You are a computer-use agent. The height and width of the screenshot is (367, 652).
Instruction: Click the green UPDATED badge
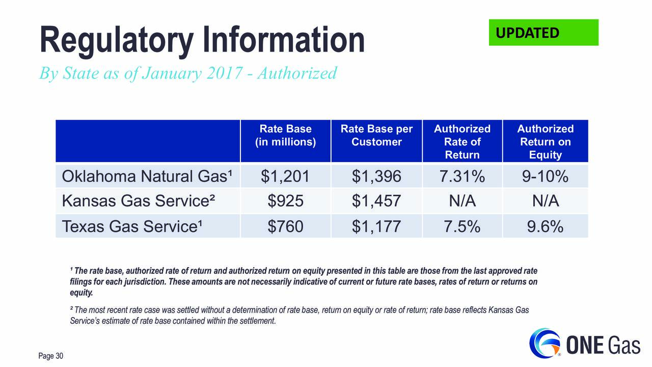[x=544, y=32]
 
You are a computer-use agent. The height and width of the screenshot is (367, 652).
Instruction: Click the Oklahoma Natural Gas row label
[x=147, y=176]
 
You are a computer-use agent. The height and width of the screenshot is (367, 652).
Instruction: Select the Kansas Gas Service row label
[x=139, y=201]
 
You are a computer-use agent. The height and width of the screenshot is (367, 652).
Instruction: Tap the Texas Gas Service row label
[x=132, y=226]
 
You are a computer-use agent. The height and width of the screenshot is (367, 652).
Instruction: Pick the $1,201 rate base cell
[x=285, y=176]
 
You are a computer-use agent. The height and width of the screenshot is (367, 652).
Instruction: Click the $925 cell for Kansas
[x=285, y=201]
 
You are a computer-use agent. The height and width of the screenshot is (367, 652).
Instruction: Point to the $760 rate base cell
[x=285, y=227]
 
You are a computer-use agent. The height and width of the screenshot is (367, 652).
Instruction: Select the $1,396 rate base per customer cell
[x=376, y=176]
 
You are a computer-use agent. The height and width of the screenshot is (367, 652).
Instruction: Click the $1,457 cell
[x=376, y=201]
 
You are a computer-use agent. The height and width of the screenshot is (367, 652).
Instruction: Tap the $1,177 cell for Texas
[x=376, y=227]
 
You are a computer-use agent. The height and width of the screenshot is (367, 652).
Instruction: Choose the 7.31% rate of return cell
[x=462, y=176]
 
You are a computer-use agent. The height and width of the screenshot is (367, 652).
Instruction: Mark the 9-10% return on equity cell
[x=545, y=176]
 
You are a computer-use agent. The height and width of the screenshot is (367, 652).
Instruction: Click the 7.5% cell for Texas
[x=462, y=226]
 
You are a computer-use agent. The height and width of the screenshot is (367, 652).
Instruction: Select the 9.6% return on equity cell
[x=545, y=226]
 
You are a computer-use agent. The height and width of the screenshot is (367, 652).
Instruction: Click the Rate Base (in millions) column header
[x=286, y=136]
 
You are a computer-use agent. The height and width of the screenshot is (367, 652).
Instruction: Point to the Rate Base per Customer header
[x=376, y=136]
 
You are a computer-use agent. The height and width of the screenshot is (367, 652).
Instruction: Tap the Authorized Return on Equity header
[x=546, y=142]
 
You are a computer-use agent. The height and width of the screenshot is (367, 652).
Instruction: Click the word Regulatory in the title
[x=117, y=40]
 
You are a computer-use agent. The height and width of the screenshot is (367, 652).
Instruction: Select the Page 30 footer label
[x=50, y=356]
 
